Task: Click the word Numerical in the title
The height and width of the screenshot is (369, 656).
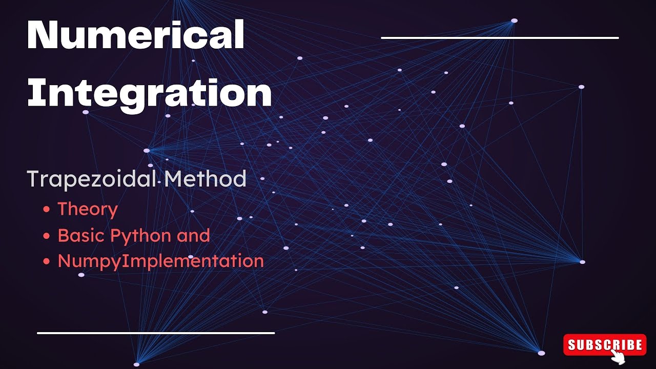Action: (135, 35)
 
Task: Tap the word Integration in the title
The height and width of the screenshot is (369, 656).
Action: (149, 92)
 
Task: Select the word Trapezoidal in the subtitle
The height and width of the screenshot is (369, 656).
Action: (92, 179)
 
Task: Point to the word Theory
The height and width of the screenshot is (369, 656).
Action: (88, 209)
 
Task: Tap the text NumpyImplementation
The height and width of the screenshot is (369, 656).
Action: (160, 261)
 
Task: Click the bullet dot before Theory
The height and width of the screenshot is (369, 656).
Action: (47, 210)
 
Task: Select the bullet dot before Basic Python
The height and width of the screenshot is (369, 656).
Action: (47, 236)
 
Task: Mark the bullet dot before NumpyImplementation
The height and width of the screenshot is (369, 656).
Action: (47, 261)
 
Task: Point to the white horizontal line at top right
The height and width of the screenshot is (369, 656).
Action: (500, 37)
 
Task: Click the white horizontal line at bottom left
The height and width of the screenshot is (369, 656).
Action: (156, 333)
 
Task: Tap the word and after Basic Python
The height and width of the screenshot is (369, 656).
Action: (193, 236)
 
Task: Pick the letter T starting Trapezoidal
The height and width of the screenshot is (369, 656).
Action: (34, 179)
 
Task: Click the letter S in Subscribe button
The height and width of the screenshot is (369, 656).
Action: (572, 345)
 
